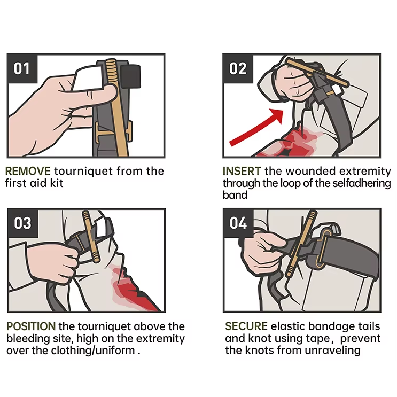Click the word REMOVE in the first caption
(28, 172)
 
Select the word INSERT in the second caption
(242, 172)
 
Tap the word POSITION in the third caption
(31, 326)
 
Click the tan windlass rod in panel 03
(90, 238)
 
